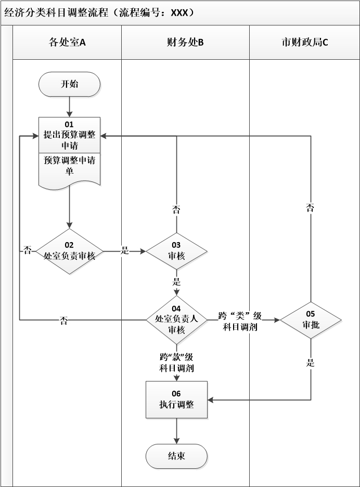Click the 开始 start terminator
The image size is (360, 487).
[x=69, y=84]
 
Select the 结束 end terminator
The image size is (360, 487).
[x=176, y=457]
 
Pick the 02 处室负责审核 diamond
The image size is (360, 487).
[x=69, y=251]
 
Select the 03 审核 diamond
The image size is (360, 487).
[x=176, y=251]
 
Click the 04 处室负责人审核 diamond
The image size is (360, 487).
[x=176, y=320]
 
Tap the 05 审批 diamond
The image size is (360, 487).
[x=310, y=320]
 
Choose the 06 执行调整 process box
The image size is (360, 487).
[x=176, y=400]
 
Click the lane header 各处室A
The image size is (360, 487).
[x=67, y=43]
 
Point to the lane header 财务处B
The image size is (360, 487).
[x=185, y=43]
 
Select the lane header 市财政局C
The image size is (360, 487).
[x=304, y=43]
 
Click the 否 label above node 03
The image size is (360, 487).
[x=176, y=210]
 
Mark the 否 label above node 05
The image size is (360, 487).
[x=310, y=208]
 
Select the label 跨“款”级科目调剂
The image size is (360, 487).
[x=176, y=363]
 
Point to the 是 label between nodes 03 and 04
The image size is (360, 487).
[x=176, y=282]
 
